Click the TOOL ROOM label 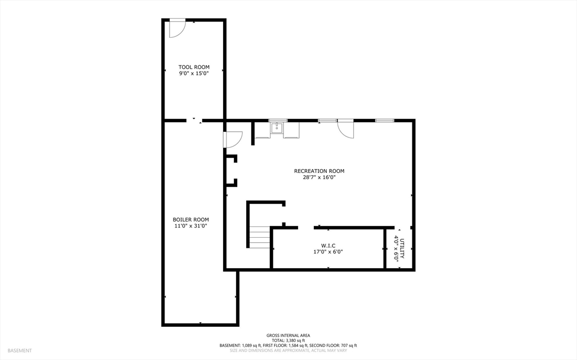194,67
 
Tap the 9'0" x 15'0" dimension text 194,73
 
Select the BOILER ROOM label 190,220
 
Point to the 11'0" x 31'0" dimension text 190,226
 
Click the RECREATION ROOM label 319,171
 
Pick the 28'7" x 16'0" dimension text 319,177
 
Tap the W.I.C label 329,246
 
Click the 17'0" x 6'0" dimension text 329,252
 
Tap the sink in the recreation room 277,128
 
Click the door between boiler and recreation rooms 233,140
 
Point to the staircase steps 260,237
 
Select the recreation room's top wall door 346,129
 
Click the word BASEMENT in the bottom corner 20,351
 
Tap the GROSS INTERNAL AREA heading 288,335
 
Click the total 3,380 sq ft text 288,340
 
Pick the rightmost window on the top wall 384,121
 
